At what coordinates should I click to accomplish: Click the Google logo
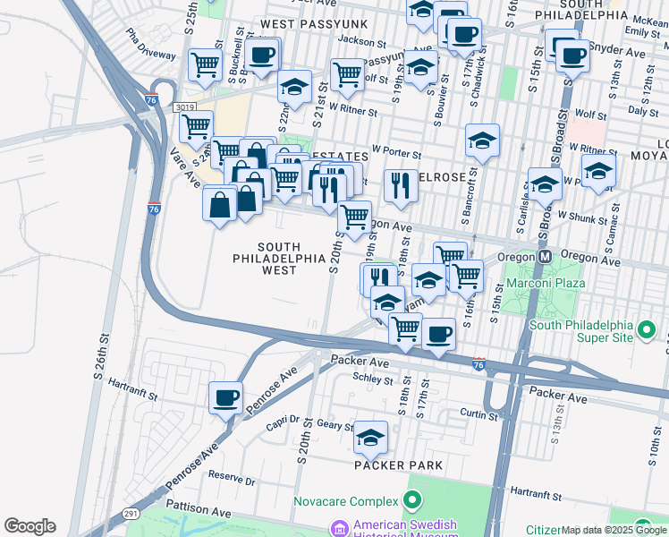[x=30, y=526]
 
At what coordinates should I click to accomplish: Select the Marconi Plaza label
[x=546, y=283]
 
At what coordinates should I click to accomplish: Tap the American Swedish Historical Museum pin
[x=339, y=528]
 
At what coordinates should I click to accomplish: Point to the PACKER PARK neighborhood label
[x=398, y=465]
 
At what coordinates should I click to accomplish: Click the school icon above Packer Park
[x=370, y=438]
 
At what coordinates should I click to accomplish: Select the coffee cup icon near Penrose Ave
[x=225, y=396]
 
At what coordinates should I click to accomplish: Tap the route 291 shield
[x=130, y=513]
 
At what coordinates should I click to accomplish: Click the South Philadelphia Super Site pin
[x=645, y=333]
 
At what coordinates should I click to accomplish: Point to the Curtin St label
[x=478, y=415]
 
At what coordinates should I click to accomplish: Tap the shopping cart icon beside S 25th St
[x=205, y=64]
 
